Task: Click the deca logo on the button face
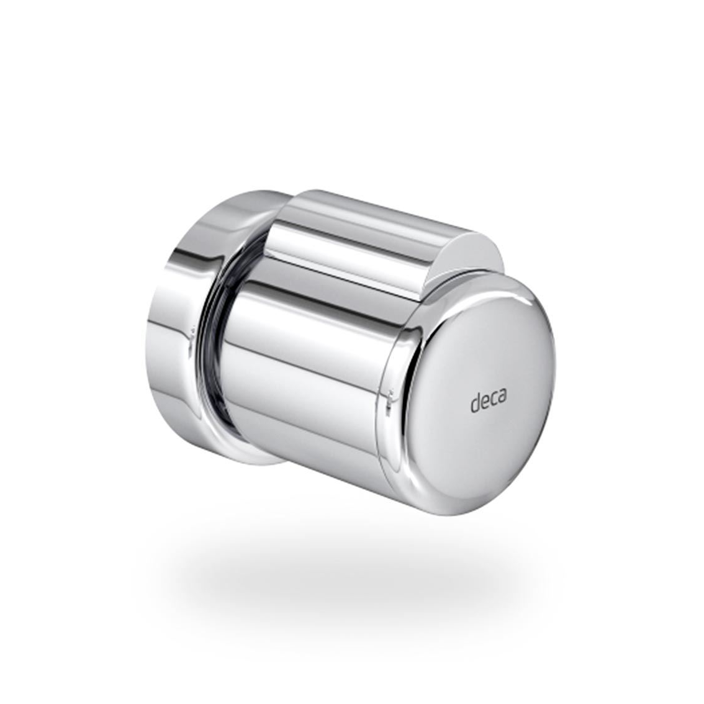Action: tap(489, 400)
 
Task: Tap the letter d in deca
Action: tap(476, 402)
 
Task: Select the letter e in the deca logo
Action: tap(485, 402)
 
